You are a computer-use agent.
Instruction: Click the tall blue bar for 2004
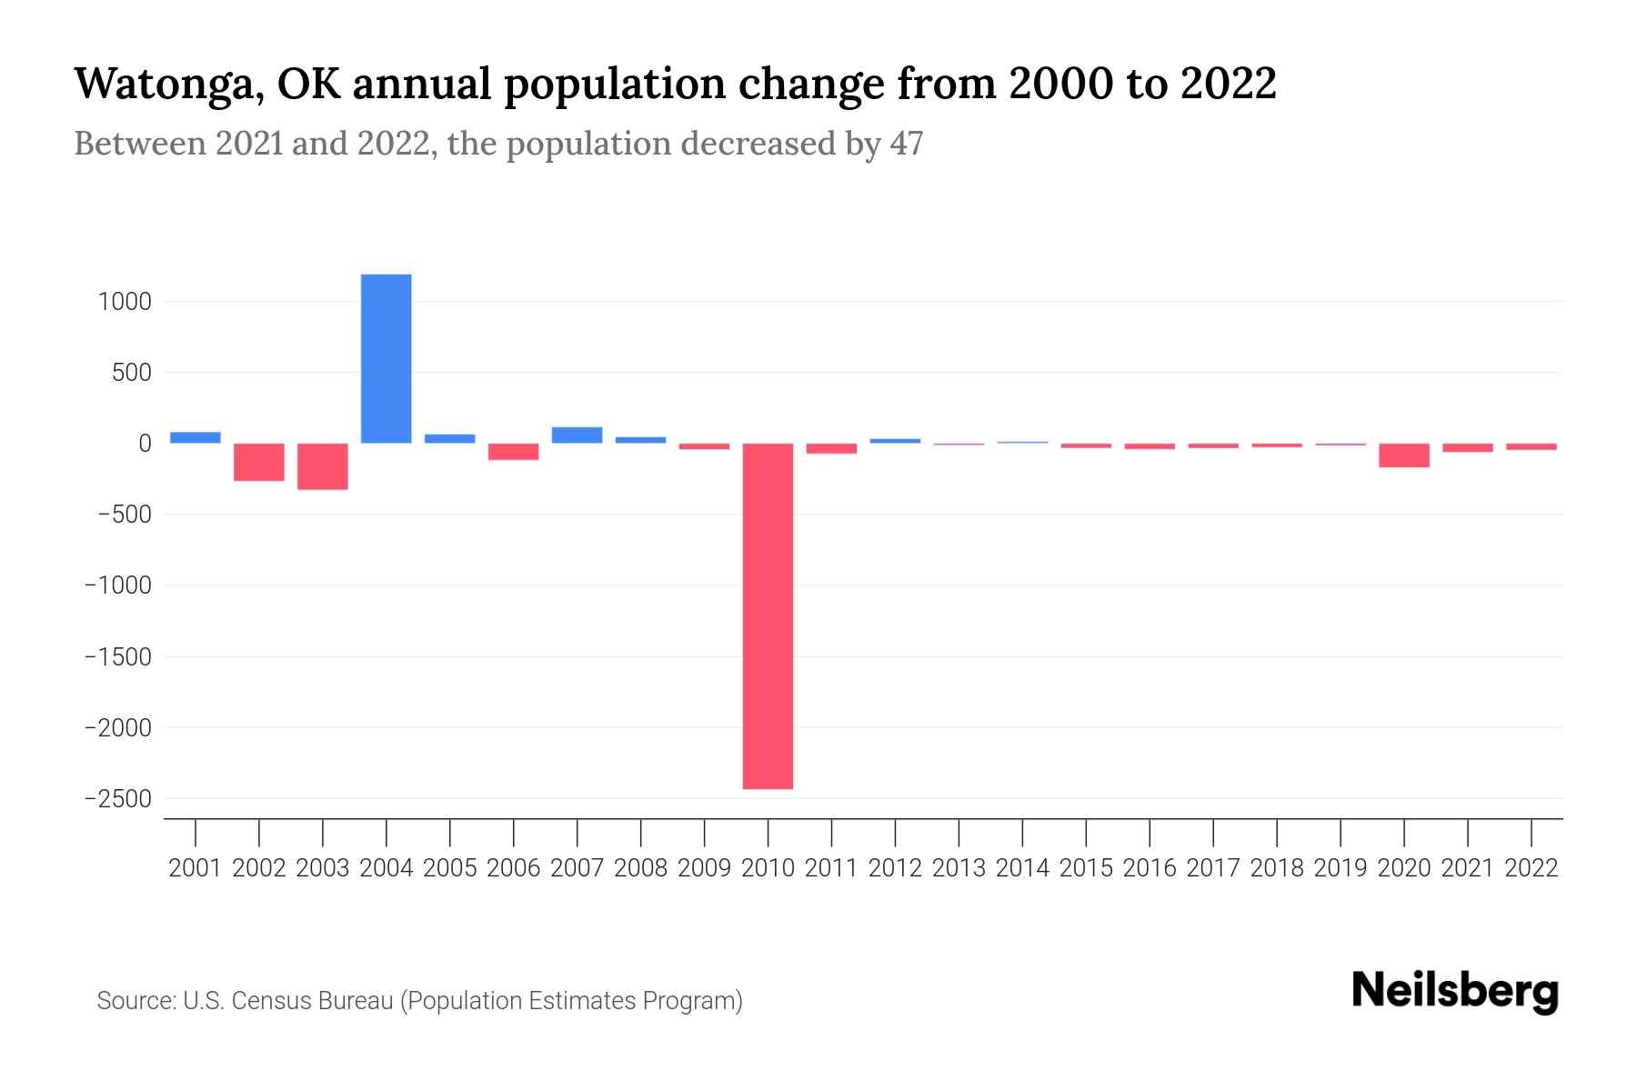[x=386, y=358]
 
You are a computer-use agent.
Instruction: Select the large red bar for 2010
[x=768, y=616]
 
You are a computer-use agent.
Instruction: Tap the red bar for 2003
[x=322, y=466]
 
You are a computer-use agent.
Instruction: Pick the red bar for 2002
[x=258, y=462]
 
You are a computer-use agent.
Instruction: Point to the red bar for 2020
[x=1403, y=455]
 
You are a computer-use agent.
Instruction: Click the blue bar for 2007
[x=577, y=435]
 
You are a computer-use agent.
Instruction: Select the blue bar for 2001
[x=195, y=437]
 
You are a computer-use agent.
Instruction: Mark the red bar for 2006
[x=513, y=452]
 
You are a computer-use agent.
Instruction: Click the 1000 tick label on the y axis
[x=125, y=302]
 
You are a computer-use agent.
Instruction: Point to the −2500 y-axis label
[x=117, y=799]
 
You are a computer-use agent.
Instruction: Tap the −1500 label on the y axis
[x=117, y=656]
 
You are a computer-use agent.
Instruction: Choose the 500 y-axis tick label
[x=131, y=373]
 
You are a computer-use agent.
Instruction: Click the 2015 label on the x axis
[x=1086, y=868]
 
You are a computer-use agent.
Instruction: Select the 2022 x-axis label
[x=1532, y=868]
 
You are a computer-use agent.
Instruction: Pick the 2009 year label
[x=704, y=868]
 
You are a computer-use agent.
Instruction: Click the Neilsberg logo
[x=1455, y=991]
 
